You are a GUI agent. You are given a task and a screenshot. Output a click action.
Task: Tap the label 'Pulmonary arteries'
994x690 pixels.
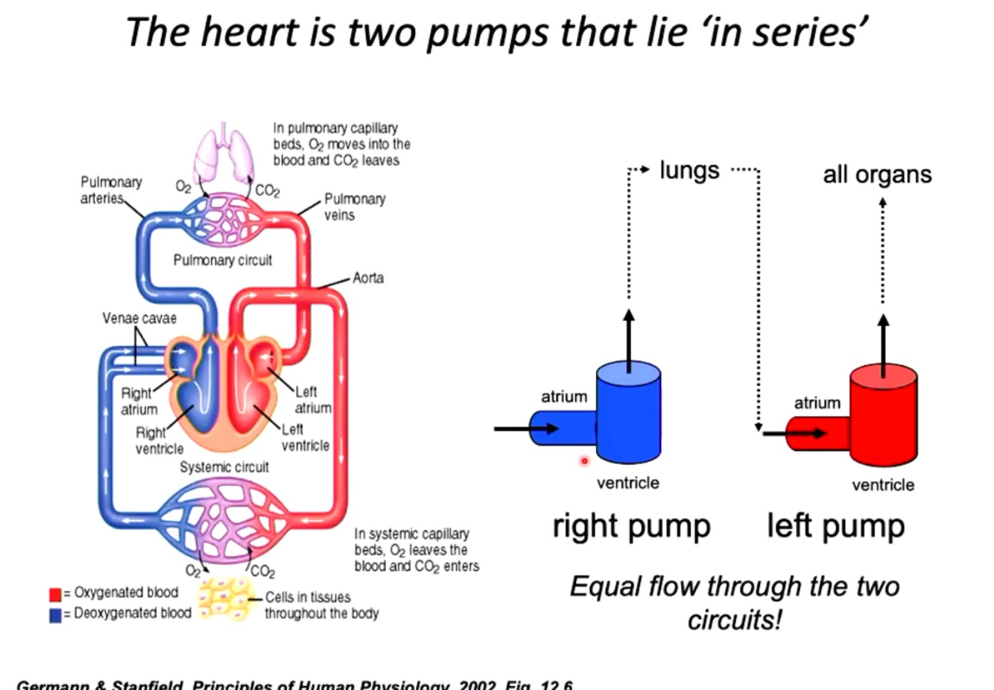click(x=110, y=190)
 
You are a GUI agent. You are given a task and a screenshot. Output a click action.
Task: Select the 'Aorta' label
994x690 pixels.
click(x=368, y=278)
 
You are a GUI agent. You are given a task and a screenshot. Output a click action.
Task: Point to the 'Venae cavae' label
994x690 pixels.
click(x=139, y=318)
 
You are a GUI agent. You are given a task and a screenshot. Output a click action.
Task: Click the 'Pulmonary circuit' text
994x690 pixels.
click(x=222, y=260)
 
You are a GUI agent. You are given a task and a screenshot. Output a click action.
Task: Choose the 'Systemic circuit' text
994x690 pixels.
click(x=224, y=467)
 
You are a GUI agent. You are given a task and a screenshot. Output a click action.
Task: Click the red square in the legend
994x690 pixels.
click(x=54, y=594)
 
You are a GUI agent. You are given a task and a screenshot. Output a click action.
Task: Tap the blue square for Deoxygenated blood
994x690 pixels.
click(x=54, y=615)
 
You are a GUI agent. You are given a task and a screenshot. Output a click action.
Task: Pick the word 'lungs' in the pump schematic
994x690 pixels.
click(x=689, y=171)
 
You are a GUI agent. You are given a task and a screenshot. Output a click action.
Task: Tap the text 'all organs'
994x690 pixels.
click(x=877, y=174)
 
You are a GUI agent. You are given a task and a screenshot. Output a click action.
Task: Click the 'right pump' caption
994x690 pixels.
click(x=631, y=526)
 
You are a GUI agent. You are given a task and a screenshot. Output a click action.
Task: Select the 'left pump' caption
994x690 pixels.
click(x=835, y=526)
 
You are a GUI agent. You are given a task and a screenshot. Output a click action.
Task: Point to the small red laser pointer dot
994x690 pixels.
click(x=584, y=461)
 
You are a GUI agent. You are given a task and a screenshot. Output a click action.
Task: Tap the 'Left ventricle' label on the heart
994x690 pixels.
click(x=305, y=437)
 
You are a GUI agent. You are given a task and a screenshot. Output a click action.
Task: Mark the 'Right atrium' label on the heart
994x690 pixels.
click(x=139, y=401)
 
